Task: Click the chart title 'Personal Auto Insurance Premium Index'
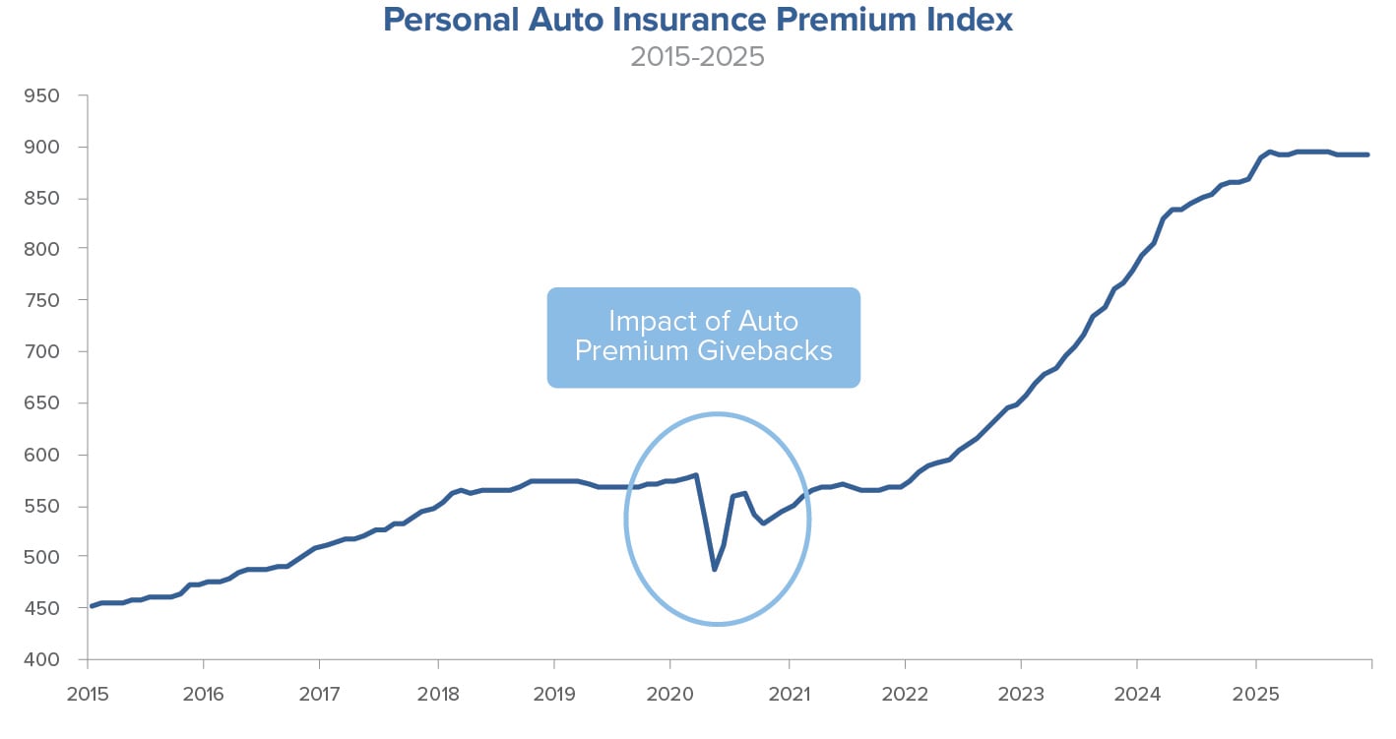(x=697, y=20)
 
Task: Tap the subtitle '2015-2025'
(x=697, y=56)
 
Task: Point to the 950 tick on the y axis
(x=43, y=96)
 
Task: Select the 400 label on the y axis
(x=43, y=659)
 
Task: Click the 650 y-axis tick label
(x=43, y=403)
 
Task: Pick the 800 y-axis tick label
(x=43, y=249)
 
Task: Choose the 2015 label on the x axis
(x=87, y=694)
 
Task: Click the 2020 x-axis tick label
(x=670, y=694)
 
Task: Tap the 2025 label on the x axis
(x=1255, y=694)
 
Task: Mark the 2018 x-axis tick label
(x=437, y=694)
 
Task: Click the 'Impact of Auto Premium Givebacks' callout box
(x=703, y=337)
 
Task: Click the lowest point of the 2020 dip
(x=715, y=570)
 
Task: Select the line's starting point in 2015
(x=91, y=606)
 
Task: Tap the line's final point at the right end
(x=1368, y=154)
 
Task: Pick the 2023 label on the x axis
(x=1021, y=694)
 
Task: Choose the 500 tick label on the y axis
(x=43, y=557)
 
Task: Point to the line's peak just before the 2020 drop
(x=696, y=475)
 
